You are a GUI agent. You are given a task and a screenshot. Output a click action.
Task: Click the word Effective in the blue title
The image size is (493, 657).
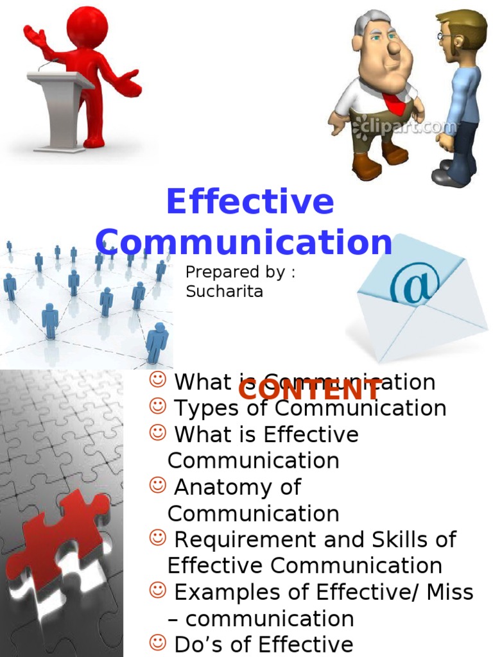(x=250, y=203)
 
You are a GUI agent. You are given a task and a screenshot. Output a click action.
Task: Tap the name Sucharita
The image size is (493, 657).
(x=225, y=291)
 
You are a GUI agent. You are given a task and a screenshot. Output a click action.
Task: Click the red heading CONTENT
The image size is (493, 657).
(x=311, y=389)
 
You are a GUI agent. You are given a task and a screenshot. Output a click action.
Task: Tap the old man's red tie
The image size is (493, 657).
(x=392, y=103)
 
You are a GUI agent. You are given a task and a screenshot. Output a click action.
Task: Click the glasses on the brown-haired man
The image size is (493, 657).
(x=445, y=37)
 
